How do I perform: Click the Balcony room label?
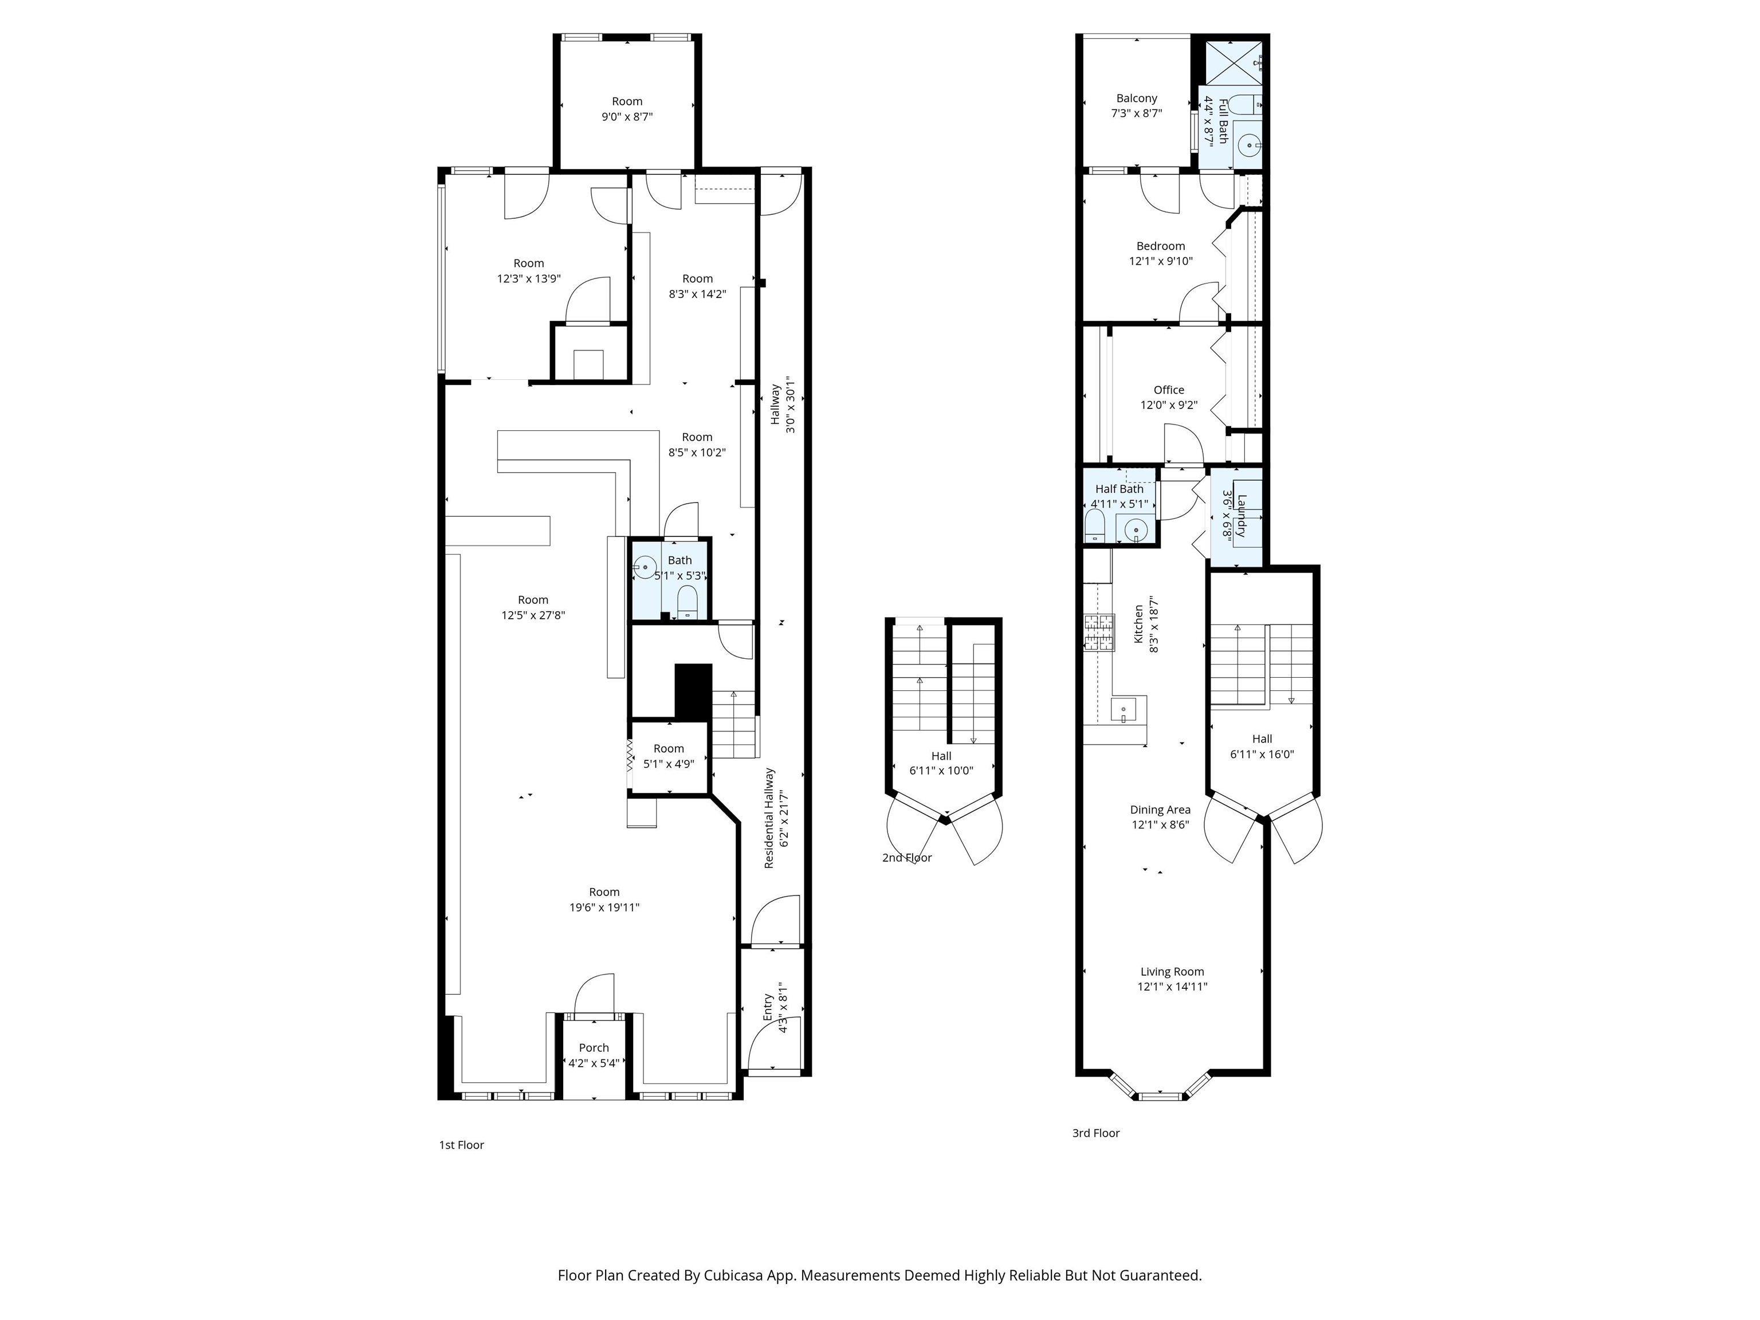click(1136, 99)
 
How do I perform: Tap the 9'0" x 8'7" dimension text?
click(627, 117)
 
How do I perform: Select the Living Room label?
click(1172, 972)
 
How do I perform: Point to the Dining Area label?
click(1160, 810)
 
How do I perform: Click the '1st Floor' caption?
click(461, 1145)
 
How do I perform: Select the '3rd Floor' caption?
click(1095, 1133)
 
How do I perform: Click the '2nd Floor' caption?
click(907, 858)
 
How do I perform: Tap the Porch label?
click(594, 1048)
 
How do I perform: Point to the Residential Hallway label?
click(769, 818)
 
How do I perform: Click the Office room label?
click(1169, 390)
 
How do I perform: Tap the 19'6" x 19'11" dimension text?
click(604, 907)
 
